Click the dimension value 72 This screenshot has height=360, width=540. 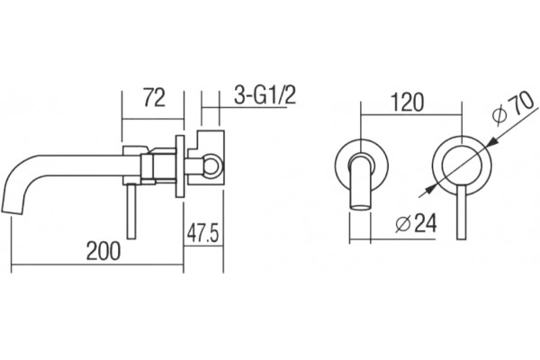154,97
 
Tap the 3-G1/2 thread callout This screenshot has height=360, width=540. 265,94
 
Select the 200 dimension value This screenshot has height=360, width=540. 103,251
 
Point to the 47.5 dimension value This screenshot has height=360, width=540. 202,233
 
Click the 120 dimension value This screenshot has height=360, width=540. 407,103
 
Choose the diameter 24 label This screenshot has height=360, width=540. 416,223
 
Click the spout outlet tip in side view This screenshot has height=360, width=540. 13,211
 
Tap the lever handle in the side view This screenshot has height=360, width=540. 131,211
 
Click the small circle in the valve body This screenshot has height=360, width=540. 211,166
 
